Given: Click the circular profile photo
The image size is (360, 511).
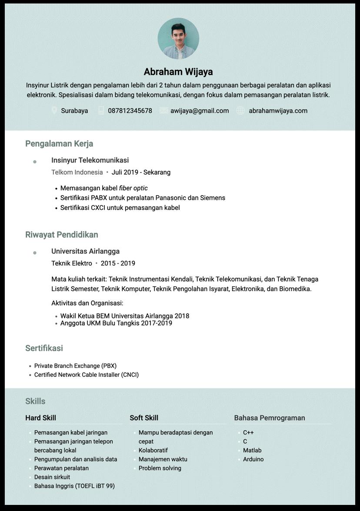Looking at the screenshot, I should pyautogui.click(x=178, y=39).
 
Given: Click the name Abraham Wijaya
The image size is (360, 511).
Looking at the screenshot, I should pyautogui.click(x=178, y=72).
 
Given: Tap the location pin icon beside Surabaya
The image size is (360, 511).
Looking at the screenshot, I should pyautogui.click(x=54, y=110).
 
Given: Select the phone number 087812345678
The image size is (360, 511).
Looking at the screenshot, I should pyautogui.click(x=130, y=111).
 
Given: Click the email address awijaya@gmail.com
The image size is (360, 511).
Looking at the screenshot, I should pyautogui.click(x=200, y=111).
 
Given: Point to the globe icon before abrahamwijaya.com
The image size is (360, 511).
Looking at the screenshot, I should pyautogui.click(x=240, y=110).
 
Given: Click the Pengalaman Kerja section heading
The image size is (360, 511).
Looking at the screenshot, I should pyautogui.click(x=59, y=143).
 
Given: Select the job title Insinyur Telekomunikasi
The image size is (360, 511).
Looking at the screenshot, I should pyautogui.click(x=90, y=160).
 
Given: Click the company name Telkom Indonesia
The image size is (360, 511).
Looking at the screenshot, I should pyautogui.click(x=77, y=173).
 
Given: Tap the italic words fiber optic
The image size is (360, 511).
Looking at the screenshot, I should pyautogui.click(x=133, y=188).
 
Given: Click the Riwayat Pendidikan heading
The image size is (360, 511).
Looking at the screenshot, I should pyautogui.click(x=62, y=235).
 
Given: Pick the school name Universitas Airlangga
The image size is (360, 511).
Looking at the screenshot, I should pyautogui.click(x=85, y=251).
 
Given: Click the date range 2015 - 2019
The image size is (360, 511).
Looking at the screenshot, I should pyautogui.click(x=118, y=263).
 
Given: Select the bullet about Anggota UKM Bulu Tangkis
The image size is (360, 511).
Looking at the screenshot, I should pyautogui.click(x=116, y=323).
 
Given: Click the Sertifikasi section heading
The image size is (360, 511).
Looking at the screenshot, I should pyautogui.click(x=44, y=348).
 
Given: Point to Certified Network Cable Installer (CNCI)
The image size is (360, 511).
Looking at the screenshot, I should pyautogui.click(x=87, y=375).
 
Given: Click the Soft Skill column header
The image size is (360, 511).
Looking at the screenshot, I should pyautogui.click(x=144, y=418).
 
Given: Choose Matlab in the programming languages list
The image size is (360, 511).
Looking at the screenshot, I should pyautogui.click(x=252, y=451).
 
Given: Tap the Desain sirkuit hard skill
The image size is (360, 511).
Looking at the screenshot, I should pyautogui.click(x=52, y=477).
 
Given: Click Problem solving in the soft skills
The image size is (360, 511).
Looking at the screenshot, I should pyautogui.click(x=160, y=468).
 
